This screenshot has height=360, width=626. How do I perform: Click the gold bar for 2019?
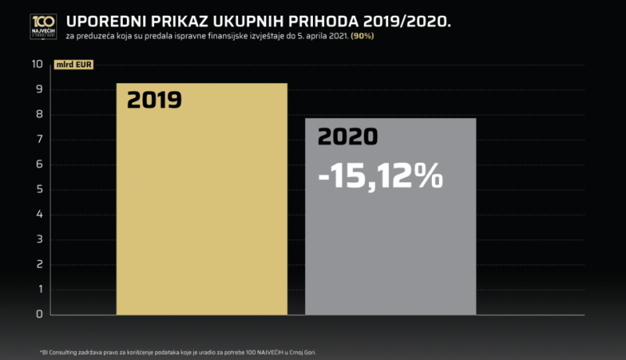coord(202,211)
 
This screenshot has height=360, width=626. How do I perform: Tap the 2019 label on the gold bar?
coord(154,100)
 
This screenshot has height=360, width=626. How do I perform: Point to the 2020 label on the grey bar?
coord(347,136)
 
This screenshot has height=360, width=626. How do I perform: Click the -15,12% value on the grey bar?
coord(381,176)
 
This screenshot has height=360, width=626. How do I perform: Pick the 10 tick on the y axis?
coord(36,64)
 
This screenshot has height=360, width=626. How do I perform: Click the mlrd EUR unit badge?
coord(73,65)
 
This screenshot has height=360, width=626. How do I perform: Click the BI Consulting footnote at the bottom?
coord(171,351)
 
